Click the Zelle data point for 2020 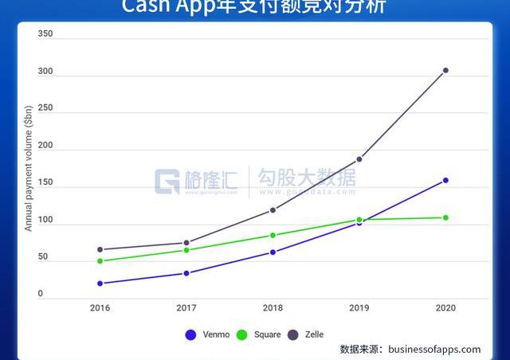[445, 70]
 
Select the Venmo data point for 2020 [445, 180]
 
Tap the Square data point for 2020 [445, 217]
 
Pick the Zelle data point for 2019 [359, 159]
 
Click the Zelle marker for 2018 [273, 210]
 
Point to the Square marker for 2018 [273, 235]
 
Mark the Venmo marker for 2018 [273, 252]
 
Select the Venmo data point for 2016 [100, 284]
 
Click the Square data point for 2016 [100, 261]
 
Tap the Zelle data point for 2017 [186, 243]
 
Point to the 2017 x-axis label [186, 307]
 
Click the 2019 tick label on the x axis [359, 307]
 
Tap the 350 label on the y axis [45, 34]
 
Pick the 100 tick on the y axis [45, 221]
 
